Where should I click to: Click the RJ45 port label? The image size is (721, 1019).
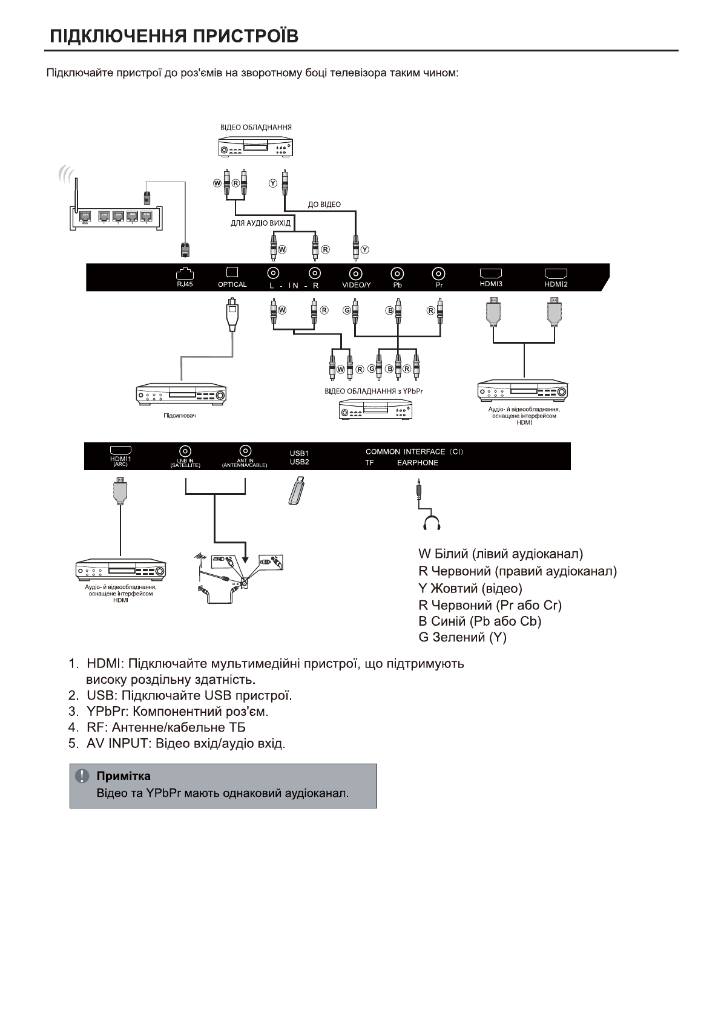pyautogui.click(x=185, y=284)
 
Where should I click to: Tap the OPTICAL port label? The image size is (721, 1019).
pyautogui.click(x=232, y=284)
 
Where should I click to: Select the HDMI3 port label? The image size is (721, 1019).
pyautogui.click(x=491, y=284)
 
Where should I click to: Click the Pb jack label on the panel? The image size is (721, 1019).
pyautogui.click(x=397, y=285)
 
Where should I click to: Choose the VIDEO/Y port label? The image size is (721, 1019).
pyautogui.click(x=357, y=285)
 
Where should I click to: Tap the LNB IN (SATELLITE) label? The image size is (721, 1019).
pyautogui.click(x=185, y=463)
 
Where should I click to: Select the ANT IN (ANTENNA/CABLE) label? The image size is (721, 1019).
pyautogui.click(x=245, y=463)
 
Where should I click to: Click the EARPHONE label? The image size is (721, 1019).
pyautogui.click(x=418, y=463)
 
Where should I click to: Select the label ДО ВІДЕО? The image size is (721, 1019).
pyautogui.click(x=324, y=205)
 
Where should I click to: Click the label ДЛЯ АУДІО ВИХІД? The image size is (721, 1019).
pyautogui.click(x=260, y=223)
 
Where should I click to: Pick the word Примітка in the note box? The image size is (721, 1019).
pyautogui.click(x=123, y=776)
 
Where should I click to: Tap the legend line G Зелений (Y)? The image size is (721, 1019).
pyautogui.click(x=463, y=637)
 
